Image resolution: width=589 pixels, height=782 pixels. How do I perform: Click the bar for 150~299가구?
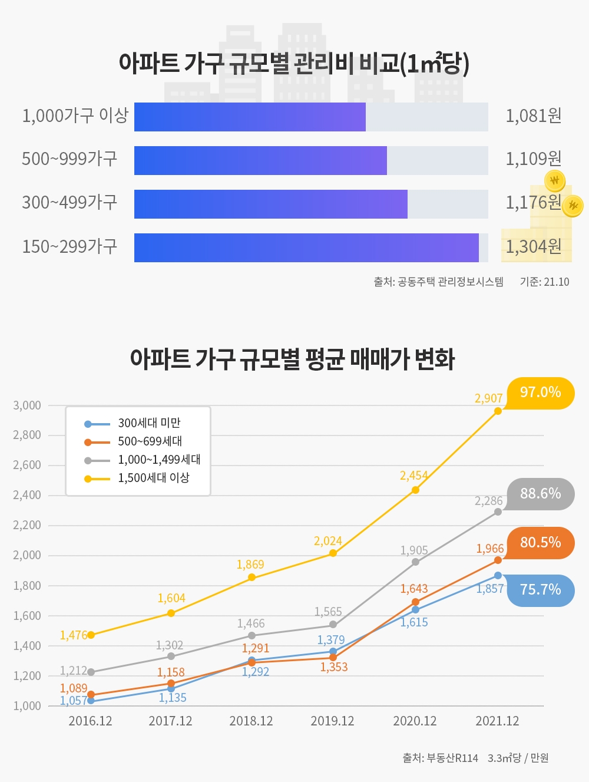coord(306,248)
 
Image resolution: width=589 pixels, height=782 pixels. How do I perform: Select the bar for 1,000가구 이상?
coord(250,117)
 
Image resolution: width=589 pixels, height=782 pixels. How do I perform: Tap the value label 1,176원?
coord(533,203)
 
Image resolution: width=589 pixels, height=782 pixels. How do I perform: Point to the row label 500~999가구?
coord(70,159)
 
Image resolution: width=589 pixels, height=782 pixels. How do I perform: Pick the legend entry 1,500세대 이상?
coord(153,478)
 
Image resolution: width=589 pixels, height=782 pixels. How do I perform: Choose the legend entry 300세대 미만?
coord(149,423)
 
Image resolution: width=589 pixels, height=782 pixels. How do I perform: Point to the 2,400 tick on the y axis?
coord(27,495)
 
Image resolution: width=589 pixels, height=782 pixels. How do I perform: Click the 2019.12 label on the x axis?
coord(332,721)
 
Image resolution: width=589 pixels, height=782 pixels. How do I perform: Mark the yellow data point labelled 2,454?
coord(415,490)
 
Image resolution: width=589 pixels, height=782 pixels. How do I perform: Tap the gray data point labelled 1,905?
coord(415,562)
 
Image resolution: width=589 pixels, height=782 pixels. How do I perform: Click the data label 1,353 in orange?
coord(334,667)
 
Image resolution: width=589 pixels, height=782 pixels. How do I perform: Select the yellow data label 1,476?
coord(74,635)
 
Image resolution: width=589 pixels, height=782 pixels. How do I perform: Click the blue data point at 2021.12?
coord(498,576)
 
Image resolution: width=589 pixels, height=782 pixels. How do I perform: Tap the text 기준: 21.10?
coord(544,282)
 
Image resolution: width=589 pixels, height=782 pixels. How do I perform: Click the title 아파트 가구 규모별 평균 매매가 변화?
coord(292,359)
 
